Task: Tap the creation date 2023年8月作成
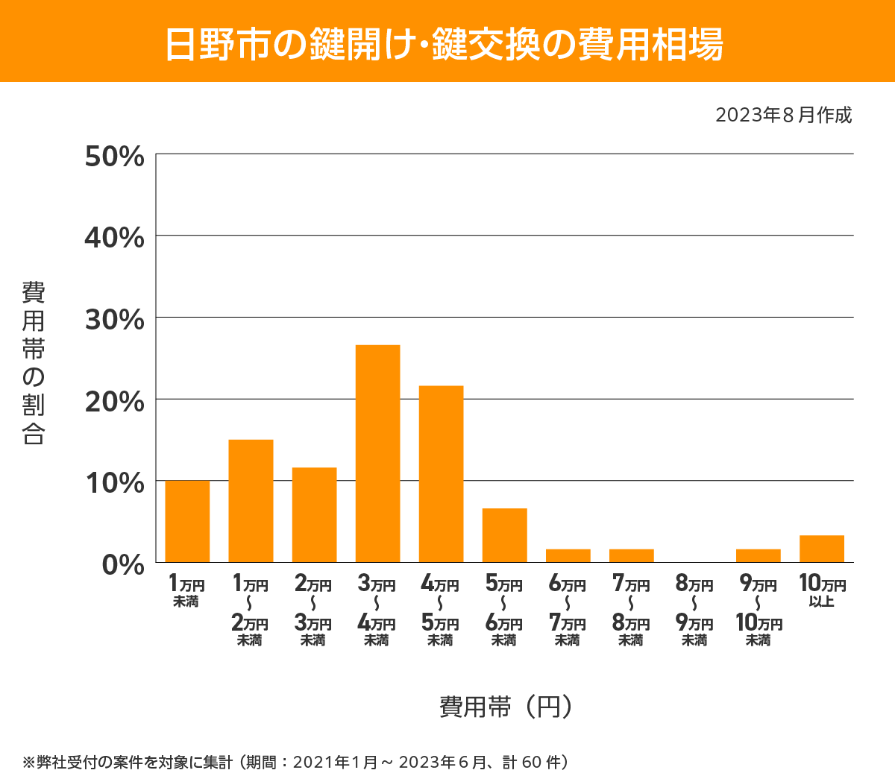(783, 116)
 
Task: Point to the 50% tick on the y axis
(114, 157)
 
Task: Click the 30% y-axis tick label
(114, 320)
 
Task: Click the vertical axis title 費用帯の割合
(34, 363)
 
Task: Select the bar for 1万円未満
(187, 522)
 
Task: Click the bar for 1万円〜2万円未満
(251, 501)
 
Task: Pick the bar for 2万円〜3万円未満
(314, 515)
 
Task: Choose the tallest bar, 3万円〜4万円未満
(377, 453)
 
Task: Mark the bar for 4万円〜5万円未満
(441, 473)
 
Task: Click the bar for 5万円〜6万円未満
(504, 535)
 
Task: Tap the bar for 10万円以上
(821, 549)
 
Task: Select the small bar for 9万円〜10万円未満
(758, 555)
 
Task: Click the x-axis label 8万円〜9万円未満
(694, 611)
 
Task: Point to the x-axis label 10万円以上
(822, 590)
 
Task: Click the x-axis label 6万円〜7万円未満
(568, 611)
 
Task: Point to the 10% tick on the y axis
(114, 483)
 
